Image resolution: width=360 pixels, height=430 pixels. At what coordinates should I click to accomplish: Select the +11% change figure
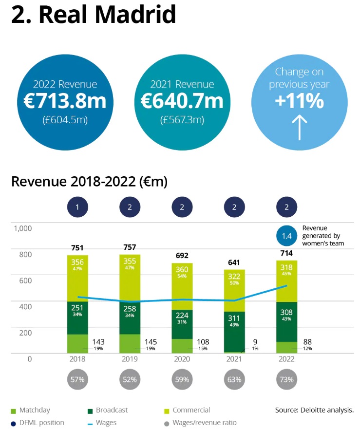point(299,101)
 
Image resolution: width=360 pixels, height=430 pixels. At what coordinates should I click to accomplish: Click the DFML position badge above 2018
point(77,207)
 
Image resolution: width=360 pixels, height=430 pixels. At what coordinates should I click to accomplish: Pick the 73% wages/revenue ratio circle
point(286,379)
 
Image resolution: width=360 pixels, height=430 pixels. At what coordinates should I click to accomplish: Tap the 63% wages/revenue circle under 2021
point(234,379)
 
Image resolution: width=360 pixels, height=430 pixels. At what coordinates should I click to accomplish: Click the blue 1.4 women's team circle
point(286,236)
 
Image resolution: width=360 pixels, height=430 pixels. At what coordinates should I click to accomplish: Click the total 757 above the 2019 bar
point(130,247)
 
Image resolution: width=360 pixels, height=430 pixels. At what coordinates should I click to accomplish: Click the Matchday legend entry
point(31,410)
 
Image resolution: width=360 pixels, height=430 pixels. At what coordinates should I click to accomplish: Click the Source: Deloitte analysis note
point(314,410)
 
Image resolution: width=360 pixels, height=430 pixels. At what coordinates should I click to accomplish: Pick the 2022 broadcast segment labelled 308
point(286,321)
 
